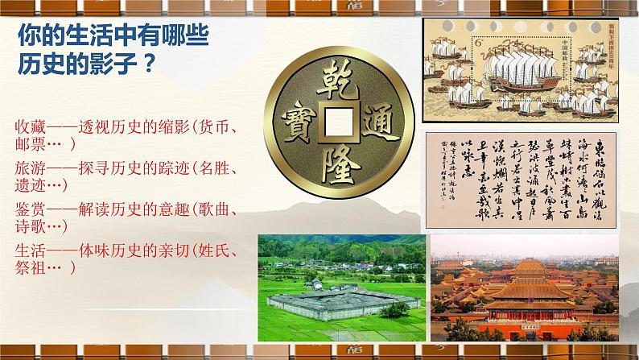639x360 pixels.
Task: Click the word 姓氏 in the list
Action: click(218, 250)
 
